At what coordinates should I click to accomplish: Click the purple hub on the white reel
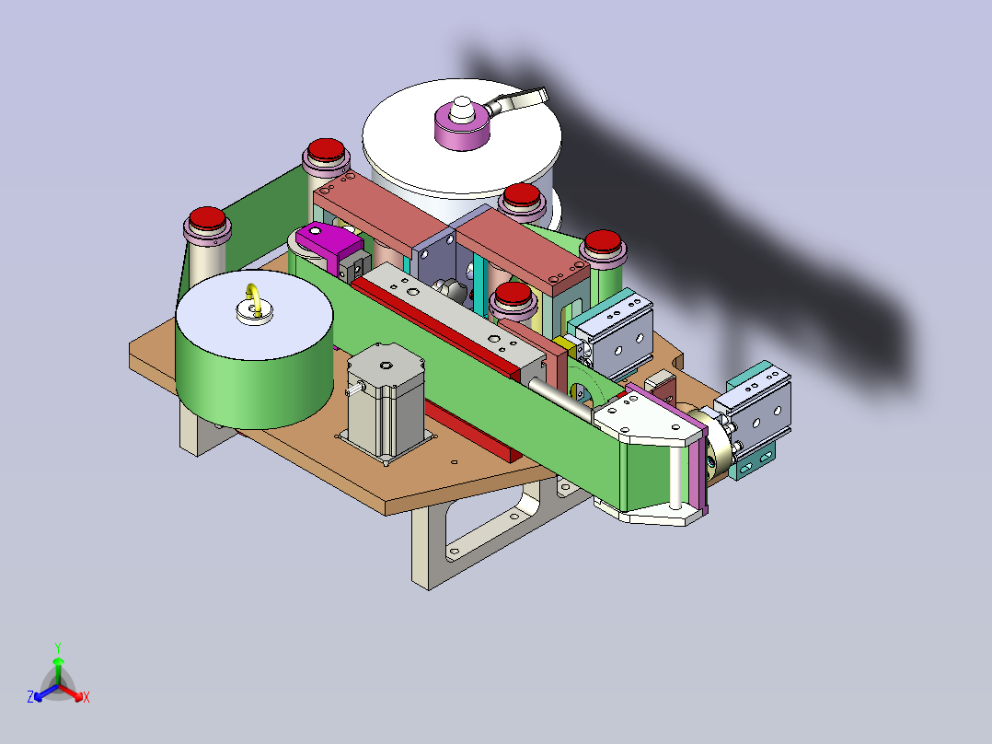(463, 124)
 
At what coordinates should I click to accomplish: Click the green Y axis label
(58, 647)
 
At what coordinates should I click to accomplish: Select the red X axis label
(87, 697)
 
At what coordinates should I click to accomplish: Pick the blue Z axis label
(30, 696)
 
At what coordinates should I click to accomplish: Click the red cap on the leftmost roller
(208, 218)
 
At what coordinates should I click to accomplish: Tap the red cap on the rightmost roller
(602, 241)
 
